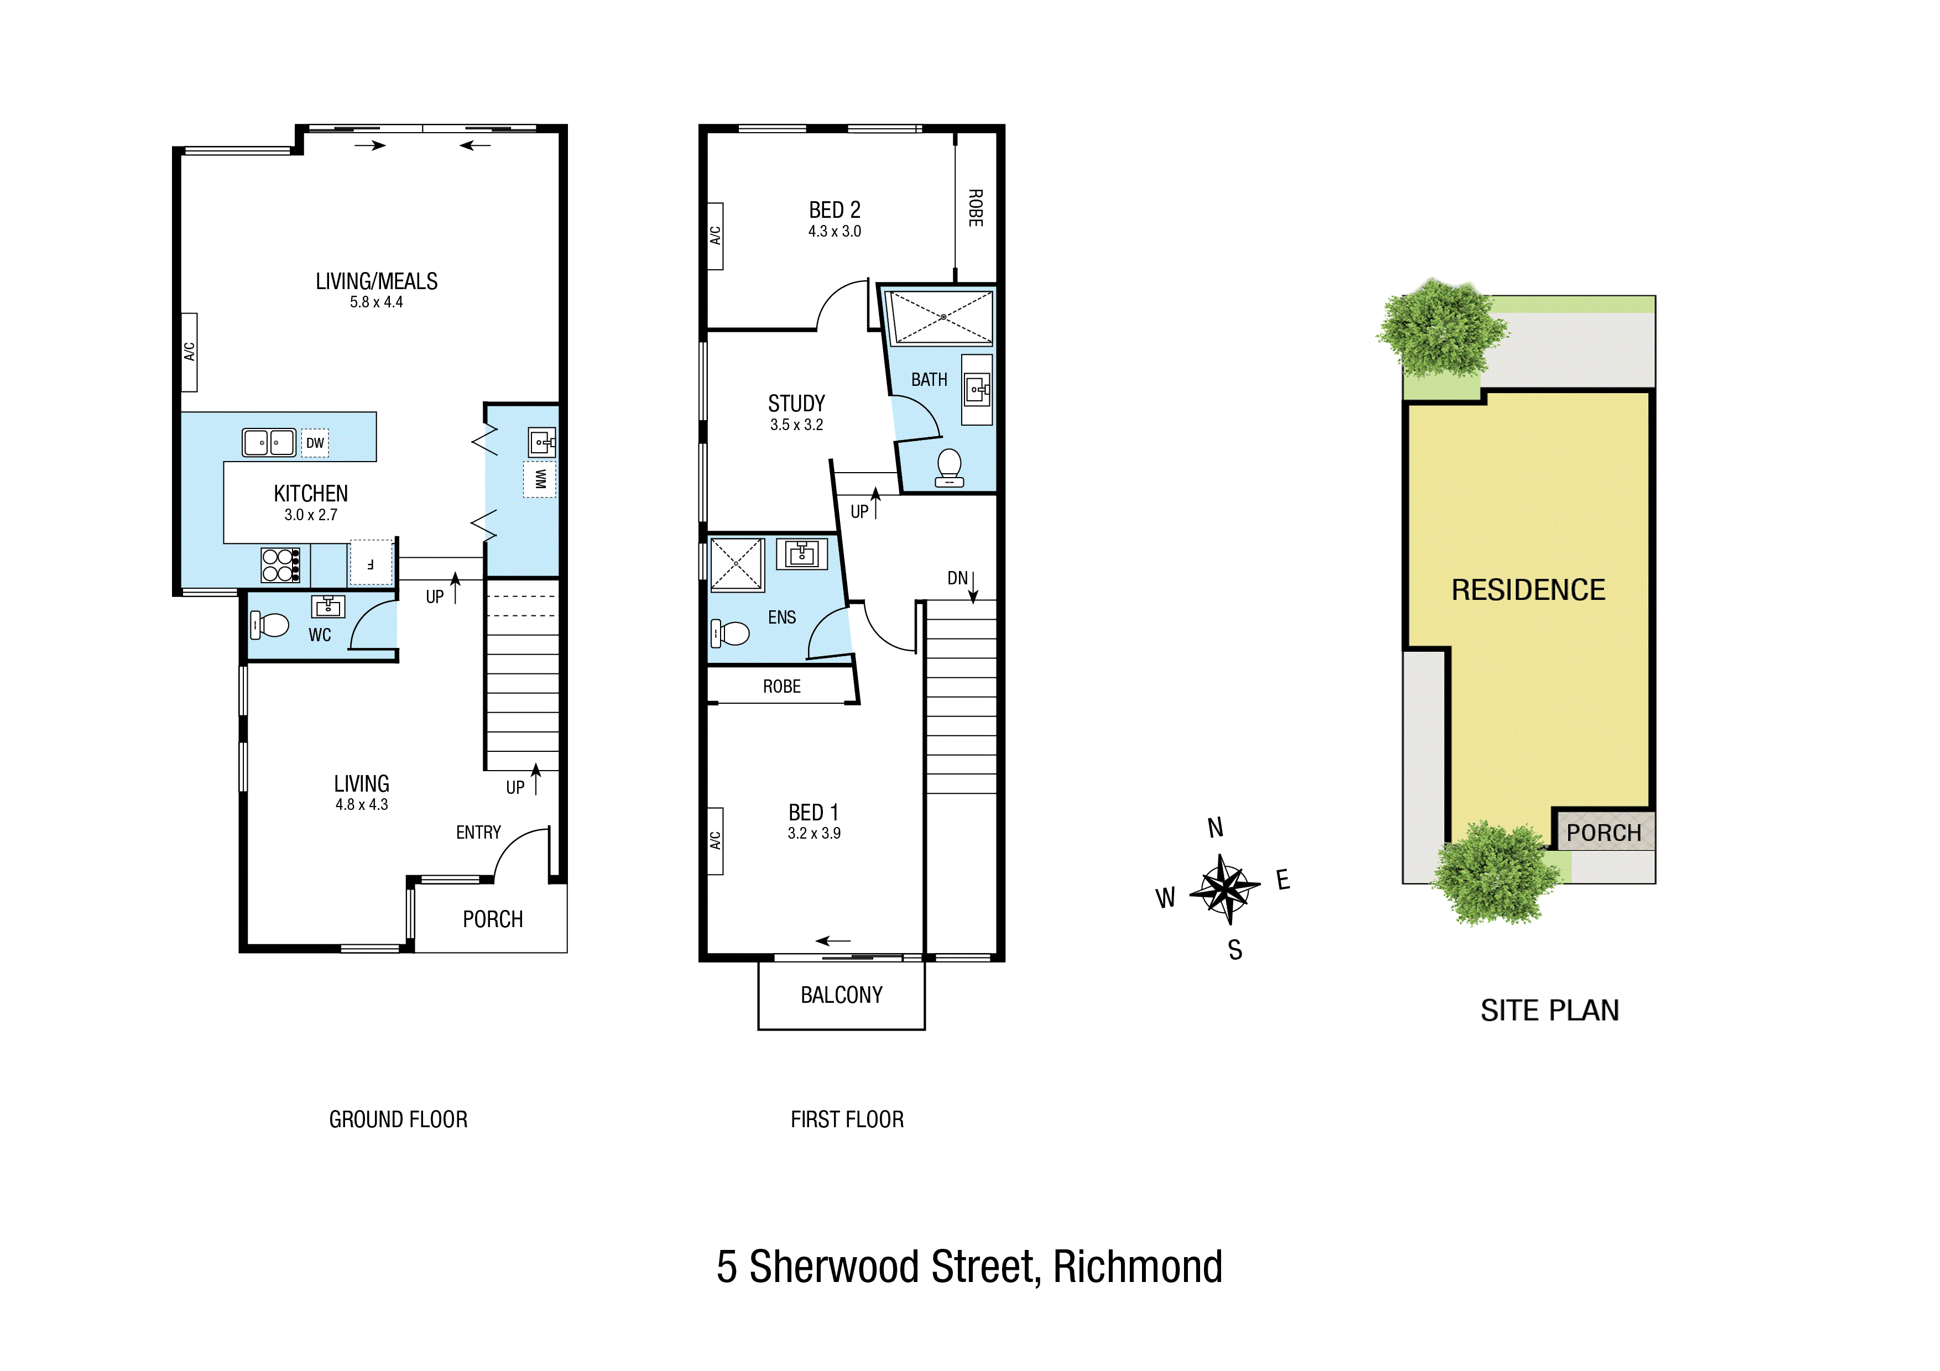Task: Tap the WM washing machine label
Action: (540, 480)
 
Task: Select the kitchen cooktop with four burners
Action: (280, 565)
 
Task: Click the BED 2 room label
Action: (834, 210)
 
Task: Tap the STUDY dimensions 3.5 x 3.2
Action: (796, 425)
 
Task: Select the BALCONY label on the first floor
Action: (842, 995)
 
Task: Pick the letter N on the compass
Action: (1215, 828)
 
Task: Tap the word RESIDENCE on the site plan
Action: (1527, 590)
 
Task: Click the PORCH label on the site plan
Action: (1603, 833)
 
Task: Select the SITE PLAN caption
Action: (1549, 1011)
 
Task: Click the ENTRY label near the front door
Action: (478, 833)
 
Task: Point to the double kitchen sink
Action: (269, 443)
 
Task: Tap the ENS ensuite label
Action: (781, 618)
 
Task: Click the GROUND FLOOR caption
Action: (398, 1119)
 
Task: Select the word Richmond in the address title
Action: (1138, 1267)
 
